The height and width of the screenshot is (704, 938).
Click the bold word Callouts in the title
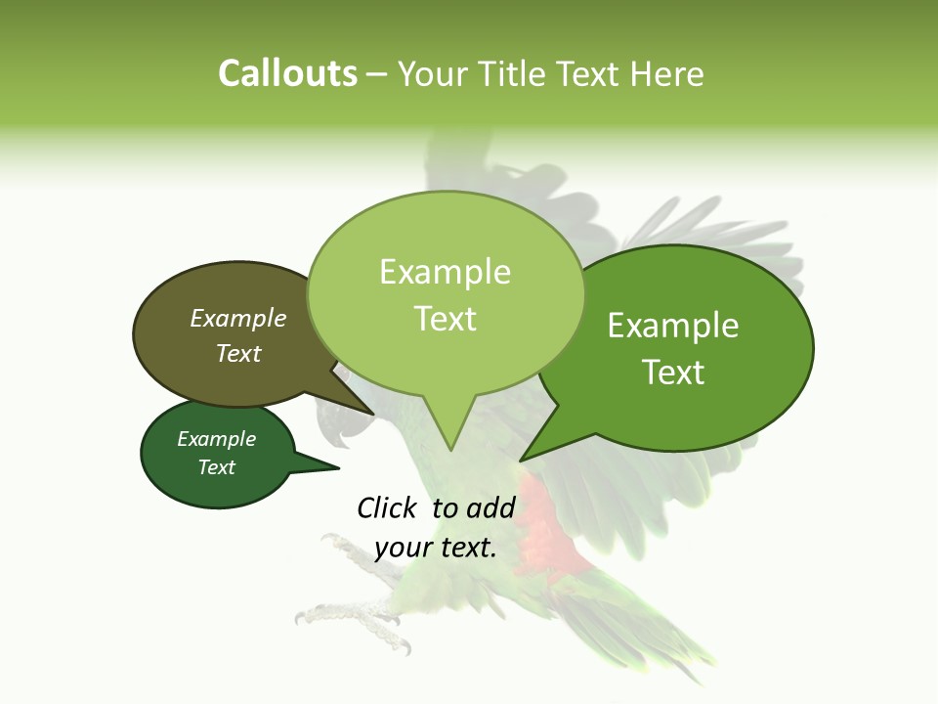(x=287, y=74)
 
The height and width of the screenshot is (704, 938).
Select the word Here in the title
(x=668, y=74)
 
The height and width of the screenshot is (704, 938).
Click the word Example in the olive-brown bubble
(x=238, y=319)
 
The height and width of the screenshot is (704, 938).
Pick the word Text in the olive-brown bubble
(x=238, y=353)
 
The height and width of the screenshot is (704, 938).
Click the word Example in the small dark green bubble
(x=217, y=439)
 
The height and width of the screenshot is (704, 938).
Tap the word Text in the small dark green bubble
(x=217, y=467)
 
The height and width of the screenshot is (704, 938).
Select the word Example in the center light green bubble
(x=446, y=272)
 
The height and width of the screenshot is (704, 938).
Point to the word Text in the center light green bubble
(x=446, y=319)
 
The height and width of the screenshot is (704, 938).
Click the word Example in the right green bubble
(x=673, y=326)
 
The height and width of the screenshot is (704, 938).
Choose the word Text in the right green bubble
(x=673, y=373)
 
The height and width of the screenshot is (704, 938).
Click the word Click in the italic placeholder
(x=387, y=507)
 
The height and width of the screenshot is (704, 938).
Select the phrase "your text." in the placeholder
(x=436, y=548)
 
